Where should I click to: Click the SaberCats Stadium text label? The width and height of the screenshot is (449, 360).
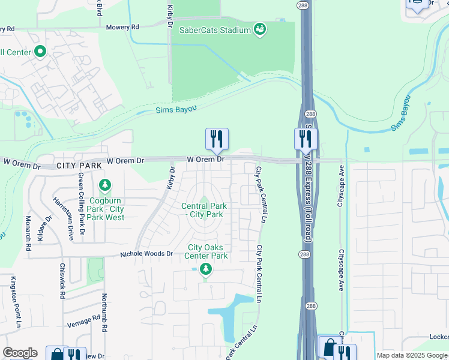point(214,29)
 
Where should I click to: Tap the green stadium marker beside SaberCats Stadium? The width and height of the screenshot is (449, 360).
point(259,29)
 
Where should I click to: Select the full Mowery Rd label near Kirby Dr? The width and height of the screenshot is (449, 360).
point(122,27)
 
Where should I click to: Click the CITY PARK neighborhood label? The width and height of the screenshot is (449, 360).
point(79,164)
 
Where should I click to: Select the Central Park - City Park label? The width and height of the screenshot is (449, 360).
point(202,210)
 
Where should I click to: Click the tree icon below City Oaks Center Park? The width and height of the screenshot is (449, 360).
point(206,269)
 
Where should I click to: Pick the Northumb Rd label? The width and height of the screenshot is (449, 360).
point(104,313)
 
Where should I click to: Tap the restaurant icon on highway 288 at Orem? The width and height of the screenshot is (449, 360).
point(305,139)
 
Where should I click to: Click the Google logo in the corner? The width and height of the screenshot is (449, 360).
point(20,353)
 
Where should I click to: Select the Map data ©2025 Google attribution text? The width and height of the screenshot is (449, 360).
point(412,355)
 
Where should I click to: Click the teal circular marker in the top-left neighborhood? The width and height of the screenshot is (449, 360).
point(40,52)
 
